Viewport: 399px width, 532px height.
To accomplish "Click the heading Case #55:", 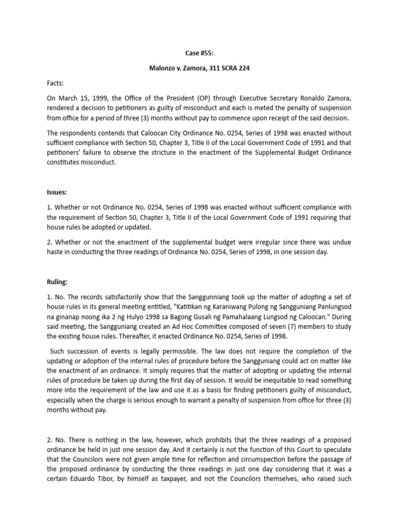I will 199,54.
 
